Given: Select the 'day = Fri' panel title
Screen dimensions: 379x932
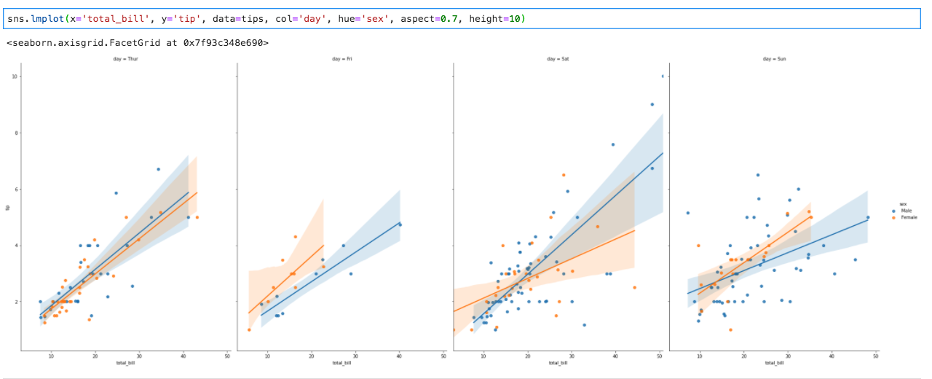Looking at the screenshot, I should coord(341,58).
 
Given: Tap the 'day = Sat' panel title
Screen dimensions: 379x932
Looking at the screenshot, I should coord(558,58).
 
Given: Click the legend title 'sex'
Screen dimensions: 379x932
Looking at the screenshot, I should coord(903,204).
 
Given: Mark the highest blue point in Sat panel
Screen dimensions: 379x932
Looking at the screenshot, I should coord(663,76).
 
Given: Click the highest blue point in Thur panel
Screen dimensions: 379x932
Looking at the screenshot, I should coord(158,169).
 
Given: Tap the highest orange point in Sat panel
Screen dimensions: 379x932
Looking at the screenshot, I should coord(564,175).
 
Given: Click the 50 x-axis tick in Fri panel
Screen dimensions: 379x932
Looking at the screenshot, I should coord(443,356).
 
